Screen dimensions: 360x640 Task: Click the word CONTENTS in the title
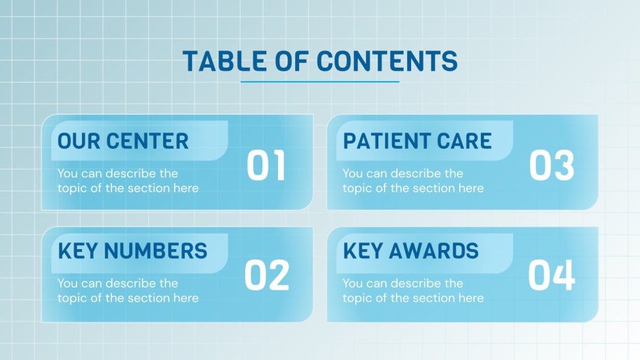point(387,61)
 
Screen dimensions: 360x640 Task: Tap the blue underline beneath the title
point(320,82)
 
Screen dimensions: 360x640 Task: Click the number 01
point(266,167)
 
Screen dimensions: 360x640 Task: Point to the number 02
point(266,275)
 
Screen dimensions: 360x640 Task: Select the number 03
point(551,167)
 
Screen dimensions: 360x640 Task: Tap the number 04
point(551,275)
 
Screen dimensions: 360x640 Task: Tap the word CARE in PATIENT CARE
point(466,141)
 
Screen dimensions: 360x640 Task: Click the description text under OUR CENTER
point(128,181)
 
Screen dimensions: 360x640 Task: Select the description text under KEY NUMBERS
point(128,290)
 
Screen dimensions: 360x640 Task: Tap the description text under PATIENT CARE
point(413,181)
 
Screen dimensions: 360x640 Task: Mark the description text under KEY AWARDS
point(413,290)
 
